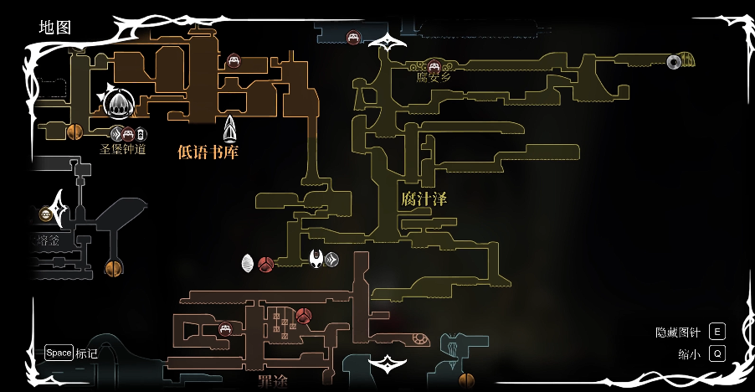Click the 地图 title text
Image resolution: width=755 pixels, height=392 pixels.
point(55,28)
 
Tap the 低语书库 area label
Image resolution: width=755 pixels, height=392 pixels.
point(208,152)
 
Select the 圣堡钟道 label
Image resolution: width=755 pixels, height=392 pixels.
point(123,150)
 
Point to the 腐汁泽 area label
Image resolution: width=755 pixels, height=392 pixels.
point(424,199)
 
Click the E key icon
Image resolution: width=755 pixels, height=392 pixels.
point(716,332)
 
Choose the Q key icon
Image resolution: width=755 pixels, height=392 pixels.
point(716,353)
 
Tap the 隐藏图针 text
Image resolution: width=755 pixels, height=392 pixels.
point(677,333)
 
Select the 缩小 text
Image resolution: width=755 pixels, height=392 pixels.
point(689,354)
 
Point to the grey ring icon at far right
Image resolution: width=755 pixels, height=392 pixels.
point(674,61)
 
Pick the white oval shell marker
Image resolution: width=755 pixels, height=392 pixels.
point(248,263)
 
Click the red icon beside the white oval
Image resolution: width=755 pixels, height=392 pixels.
point(266,265)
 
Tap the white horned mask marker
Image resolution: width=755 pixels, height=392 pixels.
point(316,259)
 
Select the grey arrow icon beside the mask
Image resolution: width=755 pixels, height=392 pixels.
point(332,260)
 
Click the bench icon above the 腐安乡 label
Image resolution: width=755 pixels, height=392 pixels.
point(434,65)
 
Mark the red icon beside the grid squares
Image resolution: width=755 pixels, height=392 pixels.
point(304,316)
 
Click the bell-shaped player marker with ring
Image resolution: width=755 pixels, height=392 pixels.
point(118,104)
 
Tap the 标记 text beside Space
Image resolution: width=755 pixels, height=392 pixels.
point(87,353)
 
